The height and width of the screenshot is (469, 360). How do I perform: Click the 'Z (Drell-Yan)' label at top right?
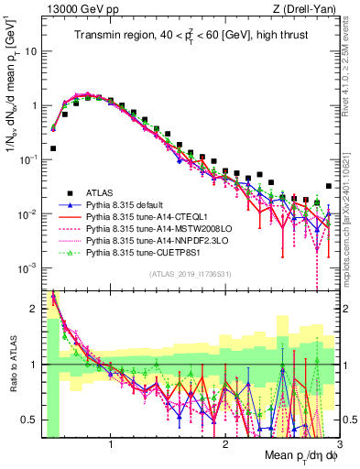click(307, 8)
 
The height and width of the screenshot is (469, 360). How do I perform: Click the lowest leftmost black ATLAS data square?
click(53, 147)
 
